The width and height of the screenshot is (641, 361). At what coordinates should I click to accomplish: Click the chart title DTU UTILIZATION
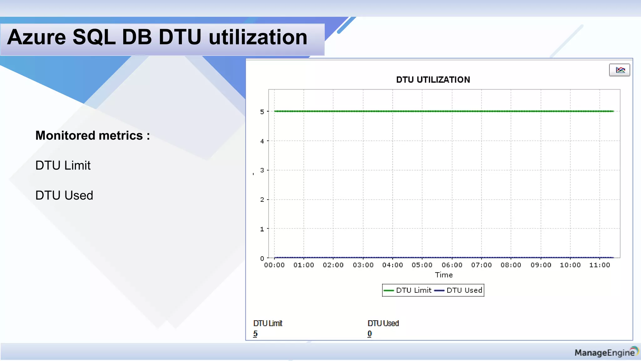(433, 80)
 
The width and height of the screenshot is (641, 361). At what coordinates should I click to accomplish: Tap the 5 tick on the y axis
(262, 112)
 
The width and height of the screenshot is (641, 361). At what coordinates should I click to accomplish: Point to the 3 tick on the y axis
(262, 170)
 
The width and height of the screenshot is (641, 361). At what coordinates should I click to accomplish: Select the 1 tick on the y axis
(262, 229)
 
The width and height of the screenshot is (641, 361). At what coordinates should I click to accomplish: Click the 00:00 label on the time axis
(274, 265)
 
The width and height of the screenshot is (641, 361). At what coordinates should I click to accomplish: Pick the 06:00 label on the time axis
(452, 265)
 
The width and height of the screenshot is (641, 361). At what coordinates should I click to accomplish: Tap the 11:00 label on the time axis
(600, 265)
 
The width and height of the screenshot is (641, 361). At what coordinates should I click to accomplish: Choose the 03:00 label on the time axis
(363, 265)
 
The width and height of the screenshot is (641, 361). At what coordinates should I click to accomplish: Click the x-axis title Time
(444, 275)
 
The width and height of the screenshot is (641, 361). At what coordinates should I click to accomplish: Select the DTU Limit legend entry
(408, 290)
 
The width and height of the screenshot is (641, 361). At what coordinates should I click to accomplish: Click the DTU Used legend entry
(459, 290)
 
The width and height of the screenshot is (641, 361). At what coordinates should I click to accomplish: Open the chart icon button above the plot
(619, 70)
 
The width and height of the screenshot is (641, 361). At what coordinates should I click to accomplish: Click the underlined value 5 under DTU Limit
(255, 334)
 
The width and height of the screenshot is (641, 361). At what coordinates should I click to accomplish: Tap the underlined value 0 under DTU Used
(370, 334)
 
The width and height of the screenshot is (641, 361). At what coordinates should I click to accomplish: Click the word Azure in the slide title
(37, 37)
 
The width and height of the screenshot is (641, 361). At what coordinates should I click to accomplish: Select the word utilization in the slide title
(258, 37)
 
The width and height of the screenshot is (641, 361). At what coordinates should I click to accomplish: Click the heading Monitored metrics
(93, 135)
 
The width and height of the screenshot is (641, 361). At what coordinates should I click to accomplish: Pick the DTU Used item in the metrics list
(64, 195)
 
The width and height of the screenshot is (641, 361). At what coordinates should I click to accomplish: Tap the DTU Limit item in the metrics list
(63, 165)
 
